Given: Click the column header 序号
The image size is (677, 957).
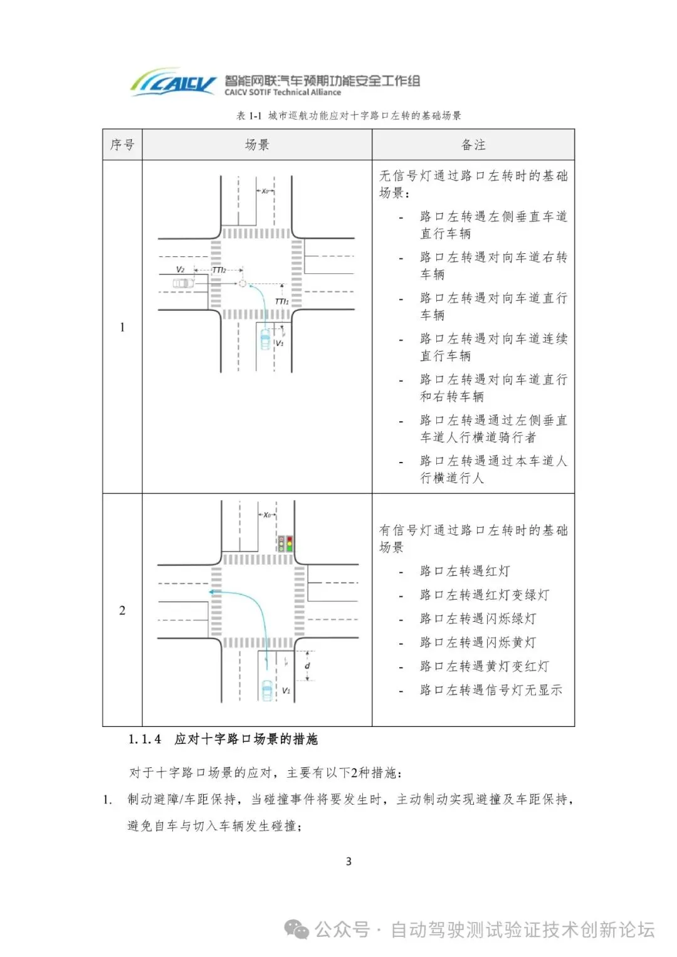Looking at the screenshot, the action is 122,145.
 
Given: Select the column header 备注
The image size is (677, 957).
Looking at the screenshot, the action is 473,145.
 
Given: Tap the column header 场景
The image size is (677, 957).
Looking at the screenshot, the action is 257,145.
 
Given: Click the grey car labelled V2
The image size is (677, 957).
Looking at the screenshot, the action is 184,284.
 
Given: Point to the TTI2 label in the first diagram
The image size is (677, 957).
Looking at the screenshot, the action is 219,270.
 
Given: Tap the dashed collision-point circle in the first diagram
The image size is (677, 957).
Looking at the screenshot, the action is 243,284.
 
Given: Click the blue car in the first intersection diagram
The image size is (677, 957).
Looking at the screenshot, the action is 266,339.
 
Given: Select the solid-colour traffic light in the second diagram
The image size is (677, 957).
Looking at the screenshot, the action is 290,543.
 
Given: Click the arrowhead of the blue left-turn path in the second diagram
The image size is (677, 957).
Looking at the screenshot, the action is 212,591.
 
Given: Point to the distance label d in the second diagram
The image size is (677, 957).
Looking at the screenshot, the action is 307,666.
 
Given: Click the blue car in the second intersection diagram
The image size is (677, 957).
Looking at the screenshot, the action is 268,690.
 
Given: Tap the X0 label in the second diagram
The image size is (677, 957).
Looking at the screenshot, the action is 268,515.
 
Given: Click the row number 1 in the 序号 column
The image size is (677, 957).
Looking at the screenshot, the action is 122,327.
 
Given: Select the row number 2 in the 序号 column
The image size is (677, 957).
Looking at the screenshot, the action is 122,610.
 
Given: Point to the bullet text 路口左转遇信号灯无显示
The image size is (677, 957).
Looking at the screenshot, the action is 491,690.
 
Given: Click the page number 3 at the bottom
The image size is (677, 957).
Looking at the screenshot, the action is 349,862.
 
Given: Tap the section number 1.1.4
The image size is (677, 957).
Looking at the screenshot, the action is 145,740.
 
